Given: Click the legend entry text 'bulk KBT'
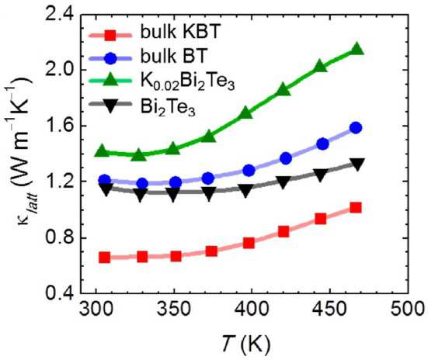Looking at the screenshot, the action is (x=180, y=32).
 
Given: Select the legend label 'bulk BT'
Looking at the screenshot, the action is (x=174, y=56).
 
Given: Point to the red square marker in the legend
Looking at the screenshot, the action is (x=110, y=35).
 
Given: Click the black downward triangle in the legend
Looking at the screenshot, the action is (x=110, y=106).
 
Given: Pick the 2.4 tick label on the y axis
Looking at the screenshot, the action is (x=60, y=14).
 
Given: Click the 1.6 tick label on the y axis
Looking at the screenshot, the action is (x=60, y=126).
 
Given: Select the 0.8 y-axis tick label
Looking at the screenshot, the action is (x=60, y=237).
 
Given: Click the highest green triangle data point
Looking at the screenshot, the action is (x=357, y=49).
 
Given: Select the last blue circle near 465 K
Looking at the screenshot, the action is (x=356, y=128).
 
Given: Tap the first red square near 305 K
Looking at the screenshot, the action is (x=105, y=258).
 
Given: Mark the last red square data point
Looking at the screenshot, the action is (x=356, y=208).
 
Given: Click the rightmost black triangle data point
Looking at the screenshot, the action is (x=357, y=164).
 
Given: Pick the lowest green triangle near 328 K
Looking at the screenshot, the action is (x=139, y=154).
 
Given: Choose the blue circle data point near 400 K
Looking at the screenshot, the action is (x=249, y=171).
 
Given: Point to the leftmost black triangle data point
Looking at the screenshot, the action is (x=106, y=189).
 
